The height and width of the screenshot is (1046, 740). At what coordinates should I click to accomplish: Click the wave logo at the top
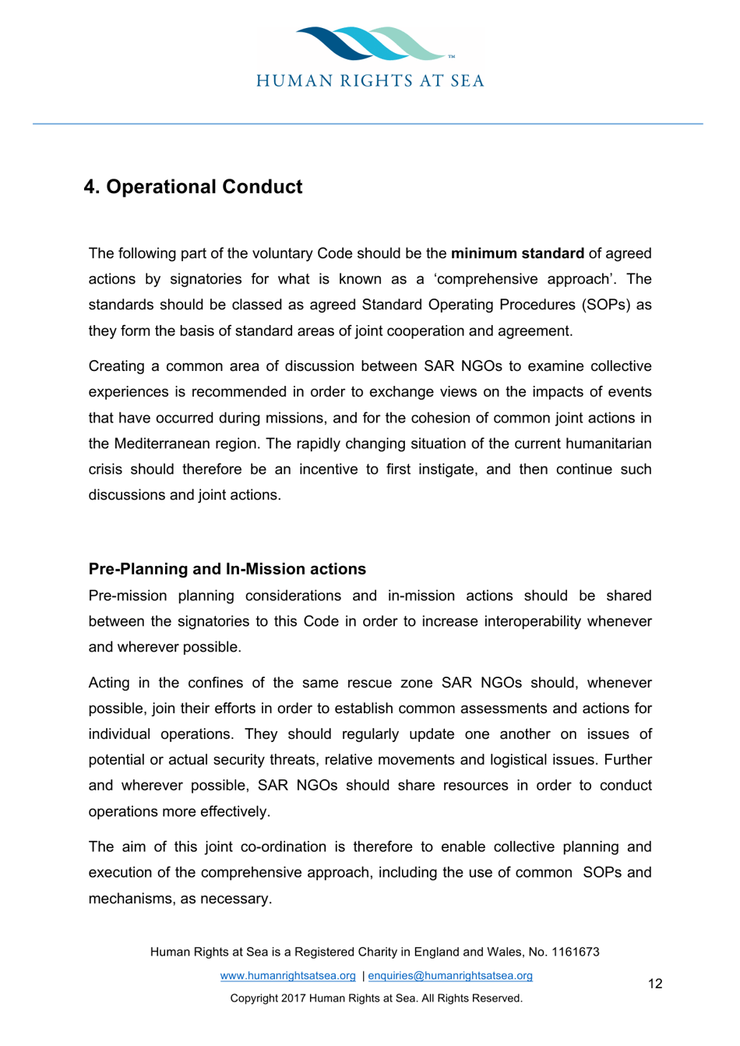[370, 44]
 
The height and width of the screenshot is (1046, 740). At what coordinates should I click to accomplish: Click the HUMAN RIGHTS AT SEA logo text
[370, 81]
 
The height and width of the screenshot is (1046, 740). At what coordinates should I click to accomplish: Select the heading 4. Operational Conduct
[193, 187]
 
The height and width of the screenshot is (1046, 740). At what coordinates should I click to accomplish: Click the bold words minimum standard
[517, 253]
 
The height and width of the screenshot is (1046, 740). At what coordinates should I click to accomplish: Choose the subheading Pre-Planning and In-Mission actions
[227, 569]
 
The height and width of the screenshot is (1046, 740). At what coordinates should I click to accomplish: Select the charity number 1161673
[575, 952]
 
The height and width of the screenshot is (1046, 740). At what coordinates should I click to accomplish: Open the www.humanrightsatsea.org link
[287, 976]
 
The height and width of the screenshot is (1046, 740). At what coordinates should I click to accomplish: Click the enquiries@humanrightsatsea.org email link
[450, 976]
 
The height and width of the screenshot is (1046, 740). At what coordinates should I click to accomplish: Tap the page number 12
[655, 984]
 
